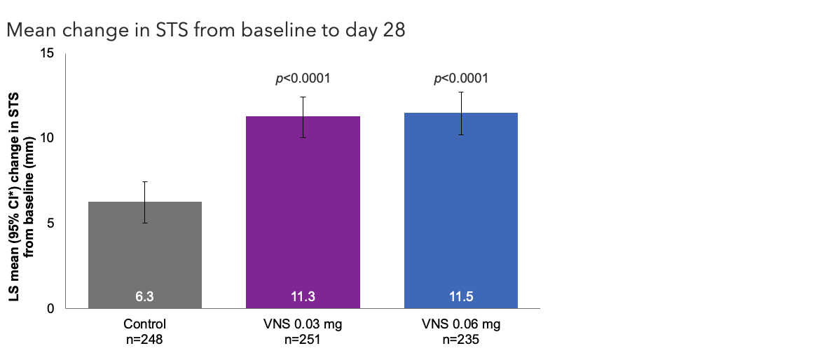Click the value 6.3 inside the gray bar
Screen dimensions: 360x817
pyautogui.click(x=145, y=297)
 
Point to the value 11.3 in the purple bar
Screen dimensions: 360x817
pyautogui.click(x=303, y=297)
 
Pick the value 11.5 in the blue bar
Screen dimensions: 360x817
pyautogui.click(x=460, y=297)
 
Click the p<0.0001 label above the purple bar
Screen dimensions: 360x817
pyautogui.click(x=303, y=78)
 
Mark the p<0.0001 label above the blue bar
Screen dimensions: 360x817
pyautogui.click(x=460, y=78)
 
